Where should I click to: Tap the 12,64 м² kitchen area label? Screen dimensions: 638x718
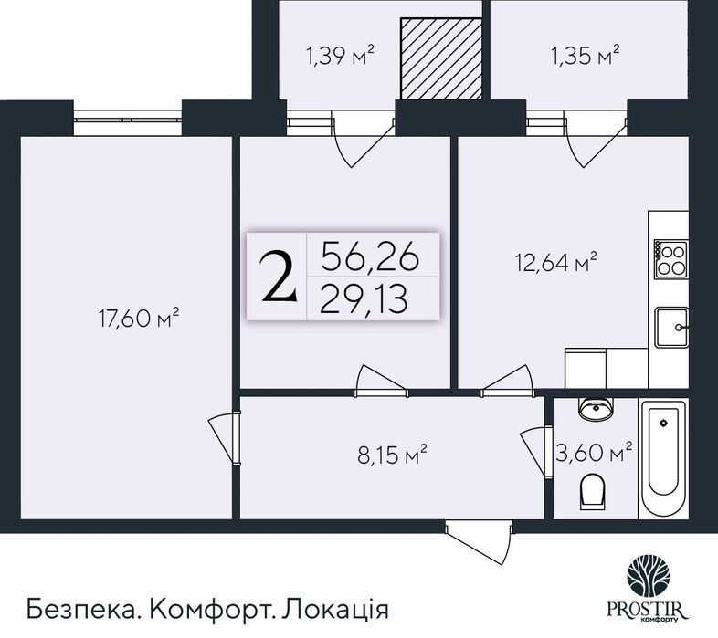tap(554, 265)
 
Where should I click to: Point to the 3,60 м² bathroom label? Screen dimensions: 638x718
tap(594, 452)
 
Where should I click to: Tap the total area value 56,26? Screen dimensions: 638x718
tap(370, 258)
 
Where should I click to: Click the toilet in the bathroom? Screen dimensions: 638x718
tap(593, 494)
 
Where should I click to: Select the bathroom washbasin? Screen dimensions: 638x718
tap(595, 410)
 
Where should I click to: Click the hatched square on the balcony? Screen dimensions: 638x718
tap(441, 57)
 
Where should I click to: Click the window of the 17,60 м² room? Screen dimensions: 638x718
tap(128, 116)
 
